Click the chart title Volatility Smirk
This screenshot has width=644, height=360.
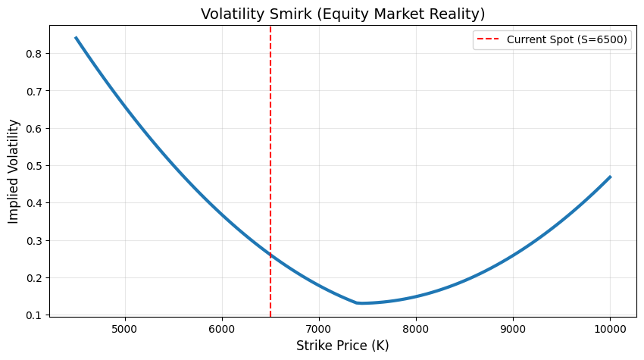click(342, 14)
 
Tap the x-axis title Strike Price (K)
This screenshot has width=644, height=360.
click(342, 346)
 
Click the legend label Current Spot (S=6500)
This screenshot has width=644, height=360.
click(567, 40)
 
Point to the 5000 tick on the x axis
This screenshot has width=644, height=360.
click(125, 330)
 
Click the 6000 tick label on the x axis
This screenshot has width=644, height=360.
click(222, 330)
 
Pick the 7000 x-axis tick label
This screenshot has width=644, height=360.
click(319, 330)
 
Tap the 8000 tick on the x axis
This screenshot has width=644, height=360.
click(416, 330)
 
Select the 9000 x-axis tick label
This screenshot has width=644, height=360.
click(513, 330)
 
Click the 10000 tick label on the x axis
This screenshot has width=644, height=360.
click(610, 330)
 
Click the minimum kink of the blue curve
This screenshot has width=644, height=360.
click(358, 303)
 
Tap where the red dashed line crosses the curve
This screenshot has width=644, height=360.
click(270, 255)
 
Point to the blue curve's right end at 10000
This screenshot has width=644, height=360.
click(610, 177)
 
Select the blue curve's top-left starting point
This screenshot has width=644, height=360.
click(76, 38)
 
